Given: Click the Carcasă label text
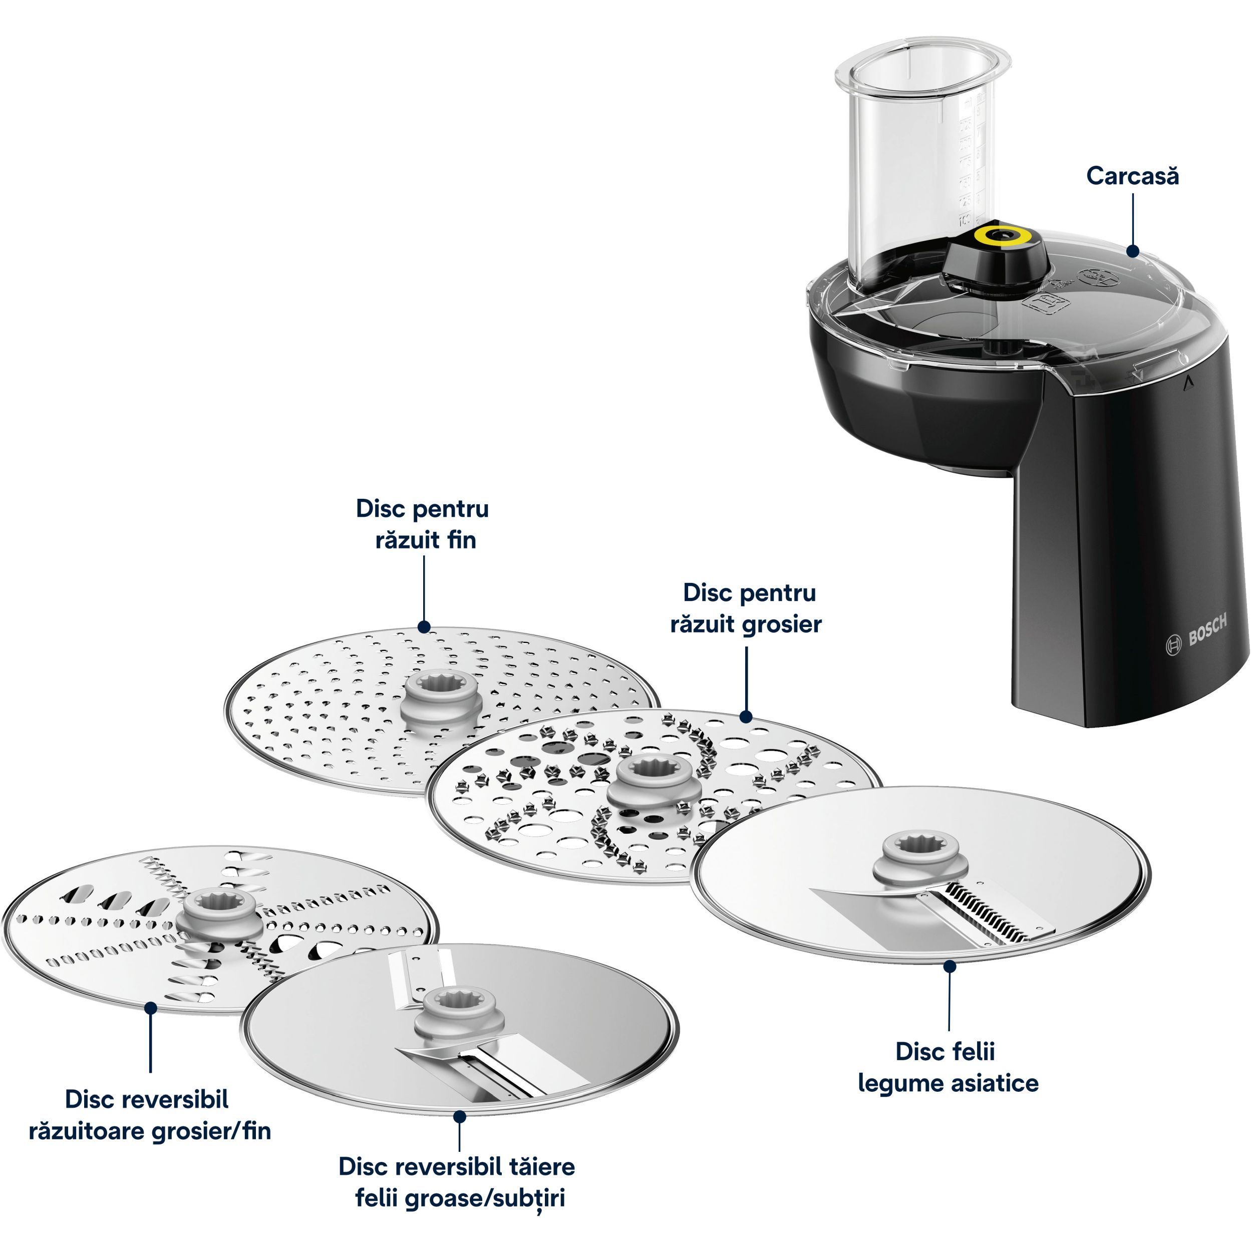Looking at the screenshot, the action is pyautogui.click(x=1132, y=176).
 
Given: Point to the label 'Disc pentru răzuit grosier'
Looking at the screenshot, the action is pyautogui.click(x=747, y=608).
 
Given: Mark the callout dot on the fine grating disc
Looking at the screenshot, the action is pyautogui.click(x=424, y=627).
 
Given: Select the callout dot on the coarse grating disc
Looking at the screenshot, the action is pyautogui.click(x=746, y=717).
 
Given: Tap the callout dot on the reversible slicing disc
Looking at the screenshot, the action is pyautogui.click(x=459, y=1117).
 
